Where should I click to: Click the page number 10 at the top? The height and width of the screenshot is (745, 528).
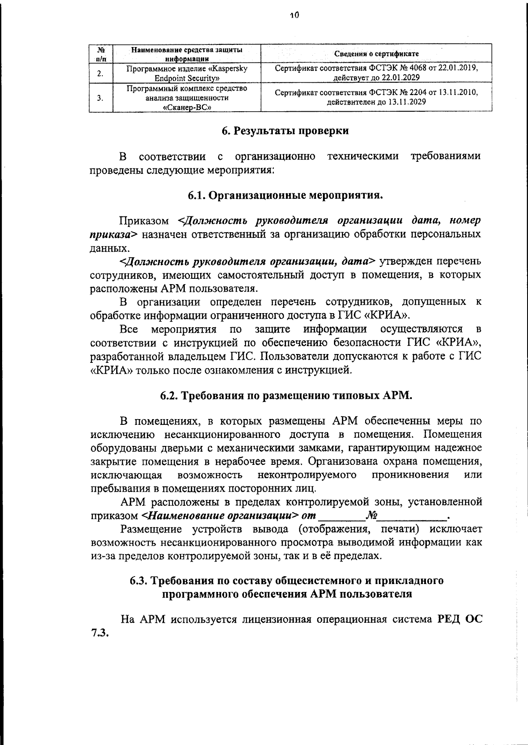pyautogui.click(x=294, y=15)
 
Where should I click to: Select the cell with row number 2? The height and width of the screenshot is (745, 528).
pyautogui.click(x=101, y=73)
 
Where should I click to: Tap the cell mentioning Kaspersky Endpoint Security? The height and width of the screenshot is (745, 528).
pyautogui.click(x=187, y=73)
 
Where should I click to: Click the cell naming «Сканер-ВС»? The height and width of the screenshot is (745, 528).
pyautogui.click(x=187, y=98)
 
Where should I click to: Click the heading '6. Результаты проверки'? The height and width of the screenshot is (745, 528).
pyautogui.click(x=285, y=131)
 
